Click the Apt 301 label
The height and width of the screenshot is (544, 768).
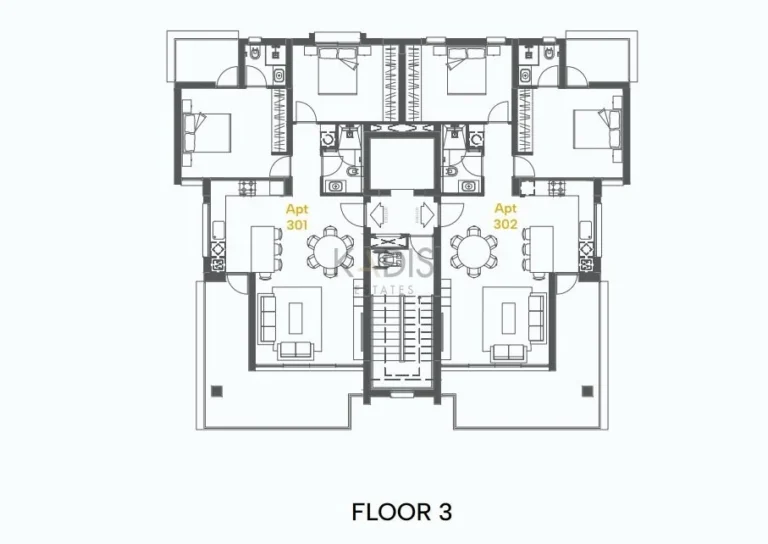tap(297, 217)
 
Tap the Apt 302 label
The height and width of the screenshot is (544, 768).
tap(506, 217)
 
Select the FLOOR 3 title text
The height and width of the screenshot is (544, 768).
tap(402, 512)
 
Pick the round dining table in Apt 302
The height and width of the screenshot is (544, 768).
tap(470, 249)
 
